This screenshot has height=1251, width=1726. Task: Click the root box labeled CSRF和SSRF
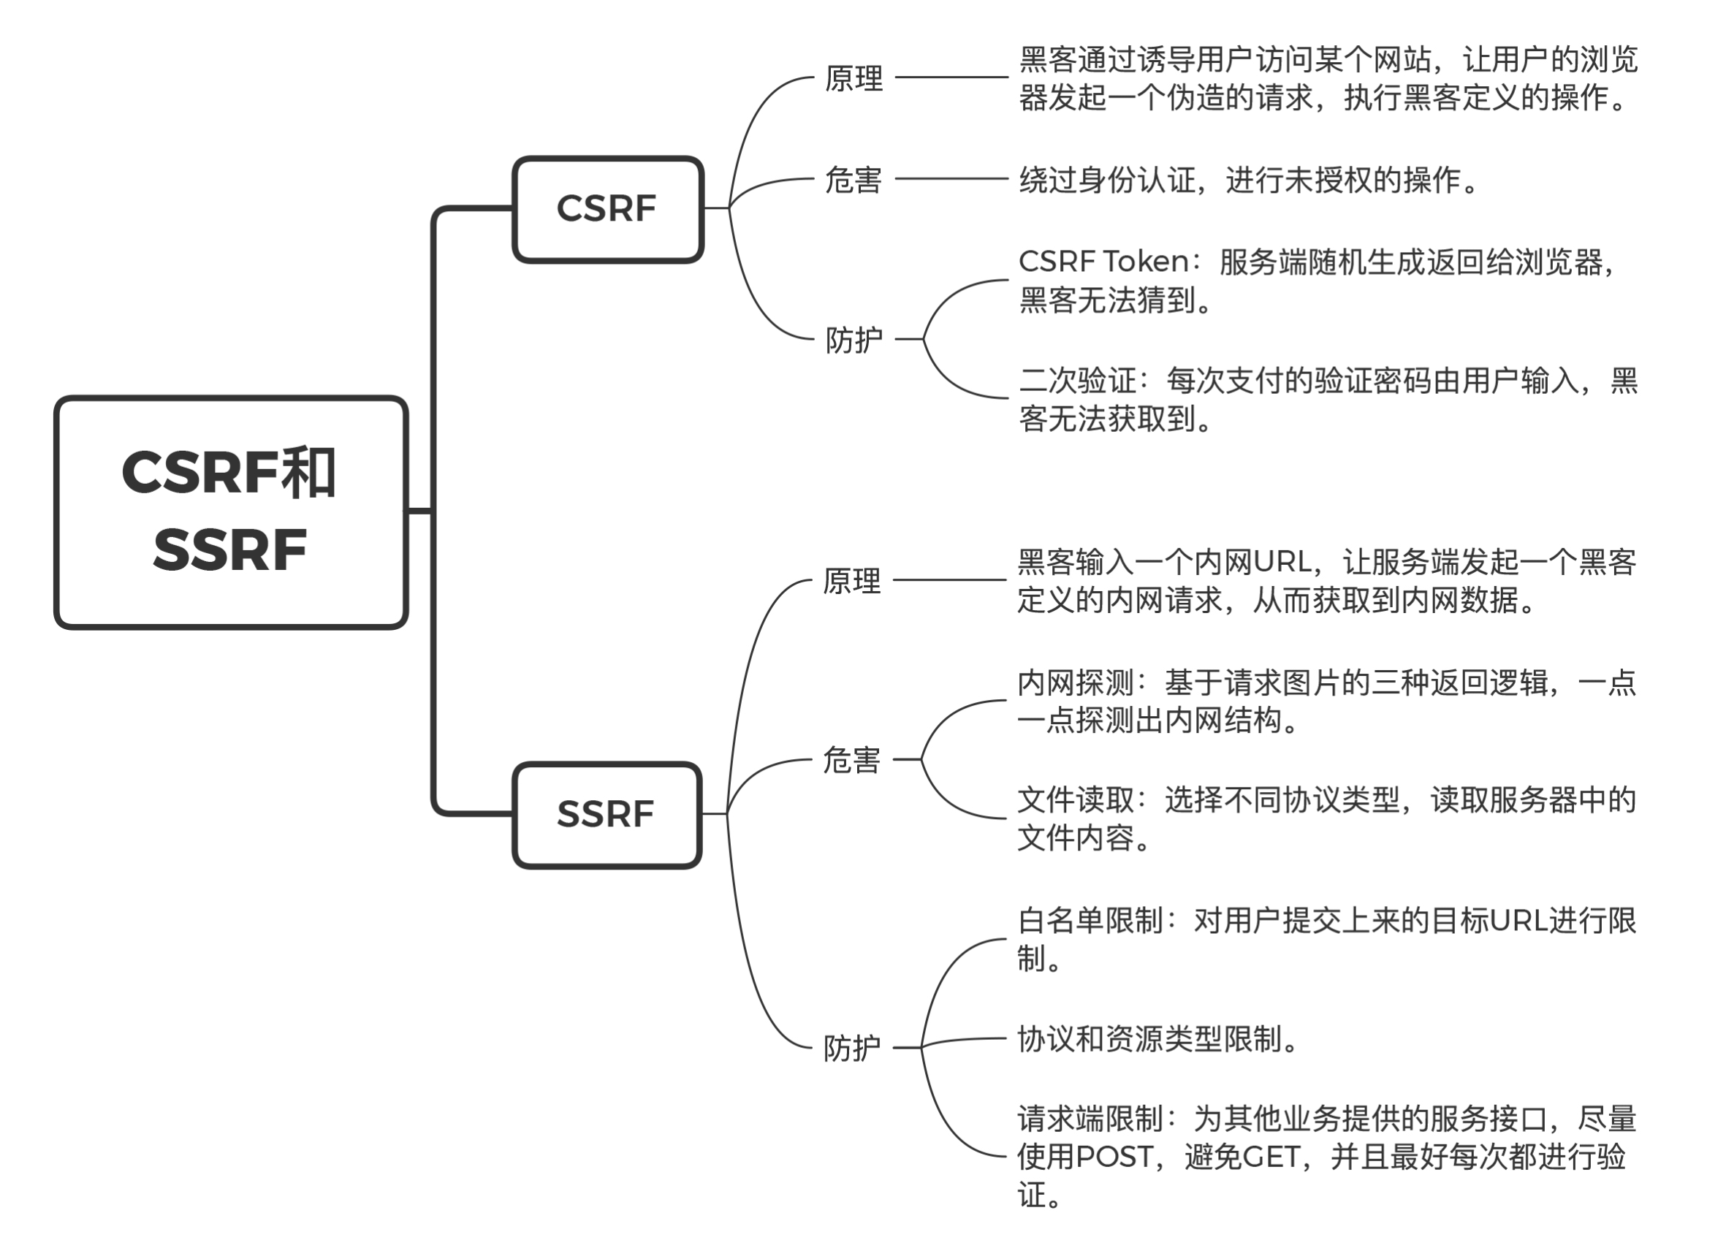coord(231,512)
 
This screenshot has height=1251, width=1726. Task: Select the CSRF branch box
coord(607,209)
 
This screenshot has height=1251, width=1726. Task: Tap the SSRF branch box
coord(606,814)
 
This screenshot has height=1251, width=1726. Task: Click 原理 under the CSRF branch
coord(854,78)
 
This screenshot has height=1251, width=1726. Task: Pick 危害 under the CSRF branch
coord(854,180)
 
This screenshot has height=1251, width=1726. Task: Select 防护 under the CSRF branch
coord(854,340)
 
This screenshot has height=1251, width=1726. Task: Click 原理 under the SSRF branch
coord(851,582)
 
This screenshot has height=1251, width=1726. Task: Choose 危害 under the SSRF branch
coord(851,760)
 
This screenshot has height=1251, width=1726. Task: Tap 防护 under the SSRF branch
coord(851,1049)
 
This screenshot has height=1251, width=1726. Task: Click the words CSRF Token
coord(1103,262)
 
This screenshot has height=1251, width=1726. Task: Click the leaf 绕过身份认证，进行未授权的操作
coord(1248,180)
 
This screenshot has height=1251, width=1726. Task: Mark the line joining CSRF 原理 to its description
coord(951,77)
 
